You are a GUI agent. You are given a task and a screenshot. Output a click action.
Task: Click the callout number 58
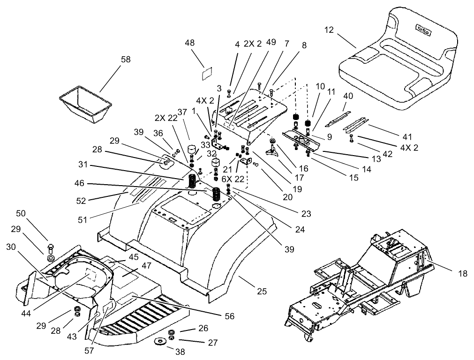point(125,60)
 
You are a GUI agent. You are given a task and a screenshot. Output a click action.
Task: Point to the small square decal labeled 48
point(207,73)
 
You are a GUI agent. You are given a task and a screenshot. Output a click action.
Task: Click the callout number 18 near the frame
point(462,274)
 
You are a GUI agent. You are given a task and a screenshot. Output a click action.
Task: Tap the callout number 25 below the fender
point(262,291)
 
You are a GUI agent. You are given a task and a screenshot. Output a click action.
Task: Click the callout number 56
point(229,316)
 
